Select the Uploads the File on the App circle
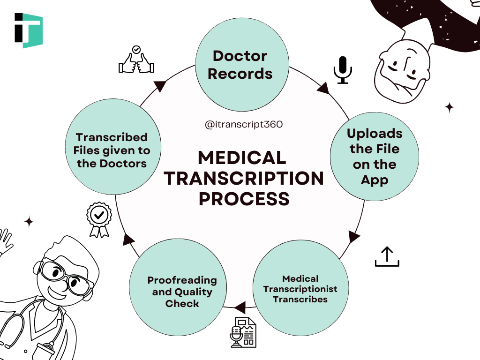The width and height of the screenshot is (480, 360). (375, 157)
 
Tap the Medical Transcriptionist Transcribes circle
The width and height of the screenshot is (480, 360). (300, 289)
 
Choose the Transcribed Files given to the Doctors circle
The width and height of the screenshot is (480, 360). (112, 150)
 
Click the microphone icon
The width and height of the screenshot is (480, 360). (342, 70)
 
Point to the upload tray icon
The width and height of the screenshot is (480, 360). (387, 256)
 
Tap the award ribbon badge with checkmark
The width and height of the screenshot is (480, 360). (99, 219)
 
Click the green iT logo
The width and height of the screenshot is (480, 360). (29, 30)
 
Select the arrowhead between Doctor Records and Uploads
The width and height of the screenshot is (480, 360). (323, 88)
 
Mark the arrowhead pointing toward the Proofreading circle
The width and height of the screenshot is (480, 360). (240, 308)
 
